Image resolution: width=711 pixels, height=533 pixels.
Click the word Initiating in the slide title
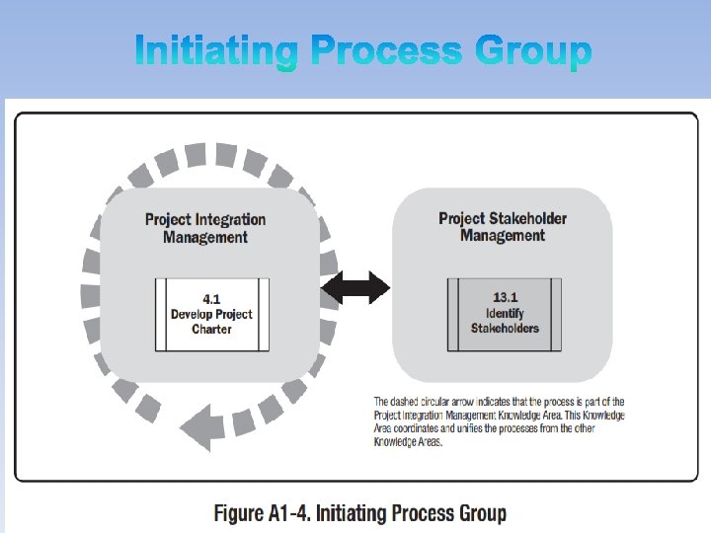(216, 50)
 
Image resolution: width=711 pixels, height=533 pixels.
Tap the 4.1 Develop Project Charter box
(211, 314)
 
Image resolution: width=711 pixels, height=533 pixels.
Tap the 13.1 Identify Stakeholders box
(505, 313)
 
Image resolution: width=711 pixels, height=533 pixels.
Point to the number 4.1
(211, 299)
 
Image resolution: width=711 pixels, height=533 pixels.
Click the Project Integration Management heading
(205, 228)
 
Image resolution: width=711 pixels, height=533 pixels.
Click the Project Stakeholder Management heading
(503, 227)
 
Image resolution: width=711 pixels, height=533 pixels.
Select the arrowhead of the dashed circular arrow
(197, 425)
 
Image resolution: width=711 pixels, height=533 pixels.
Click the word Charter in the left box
(211, 329)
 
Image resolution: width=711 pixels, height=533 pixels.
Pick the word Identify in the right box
(505, 313)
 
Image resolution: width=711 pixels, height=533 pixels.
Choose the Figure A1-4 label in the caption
(262, 513)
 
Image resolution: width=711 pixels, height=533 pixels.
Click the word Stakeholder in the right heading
(529, 218)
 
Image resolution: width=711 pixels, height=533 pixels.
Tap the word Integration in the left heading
(229, 219)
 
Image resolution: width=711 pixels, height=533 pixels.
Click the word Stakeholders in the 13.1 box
(505, 328)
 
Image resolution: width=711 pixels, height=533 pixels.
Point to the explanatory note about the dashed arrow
(499, 421)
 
